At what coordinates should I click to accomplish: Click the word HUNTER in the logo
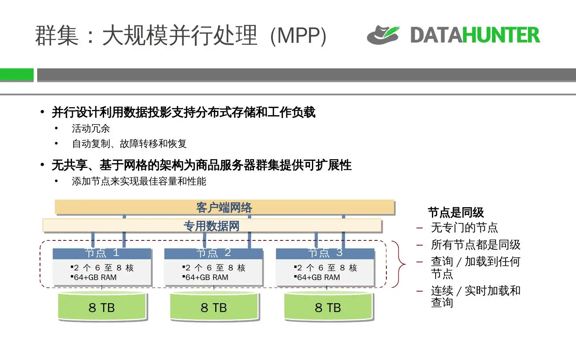[x=501, y=35]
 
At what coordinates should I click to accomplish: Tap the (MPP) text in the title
[x=298, y=36]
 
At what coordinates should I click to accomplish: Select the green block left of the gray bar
[x=16, y=75]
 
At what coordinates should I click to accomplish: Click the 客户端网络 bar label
[x=224, y=208]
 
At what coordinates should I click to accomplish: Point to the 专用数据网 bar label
[x=211, y=226]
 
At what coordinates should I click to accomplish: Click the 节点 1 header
[x=102, y=253]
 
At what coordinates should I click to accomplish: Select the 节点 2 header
[x=214, y=253]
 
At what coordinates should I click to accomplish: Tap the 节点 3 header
[x=325, y=253]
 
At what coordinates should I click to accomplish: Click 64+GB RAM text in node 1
[x=95, y=277]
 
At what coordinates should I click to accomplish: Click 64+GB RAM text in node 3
[x=318, y=277]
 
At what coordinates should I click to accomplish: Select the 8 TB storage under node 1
[x=102, y=308]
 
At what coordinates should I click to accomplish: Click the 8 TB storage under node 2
[x=214, y=308]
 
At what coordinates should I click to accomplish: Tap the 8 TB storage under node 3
[x=328, y=308]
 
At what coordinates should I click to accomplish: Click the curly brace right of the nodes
[x=399, y=264]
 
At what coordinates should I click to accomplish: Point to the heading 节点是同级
[x=456, y=212]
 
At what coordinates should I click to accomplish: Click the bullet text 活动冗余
[x=91, y=128]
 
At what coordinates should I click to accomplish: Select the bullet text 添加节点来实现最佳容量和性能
[x=139, y=181]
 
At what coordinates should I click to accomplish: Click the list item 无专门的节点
[x=464, y=228]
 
